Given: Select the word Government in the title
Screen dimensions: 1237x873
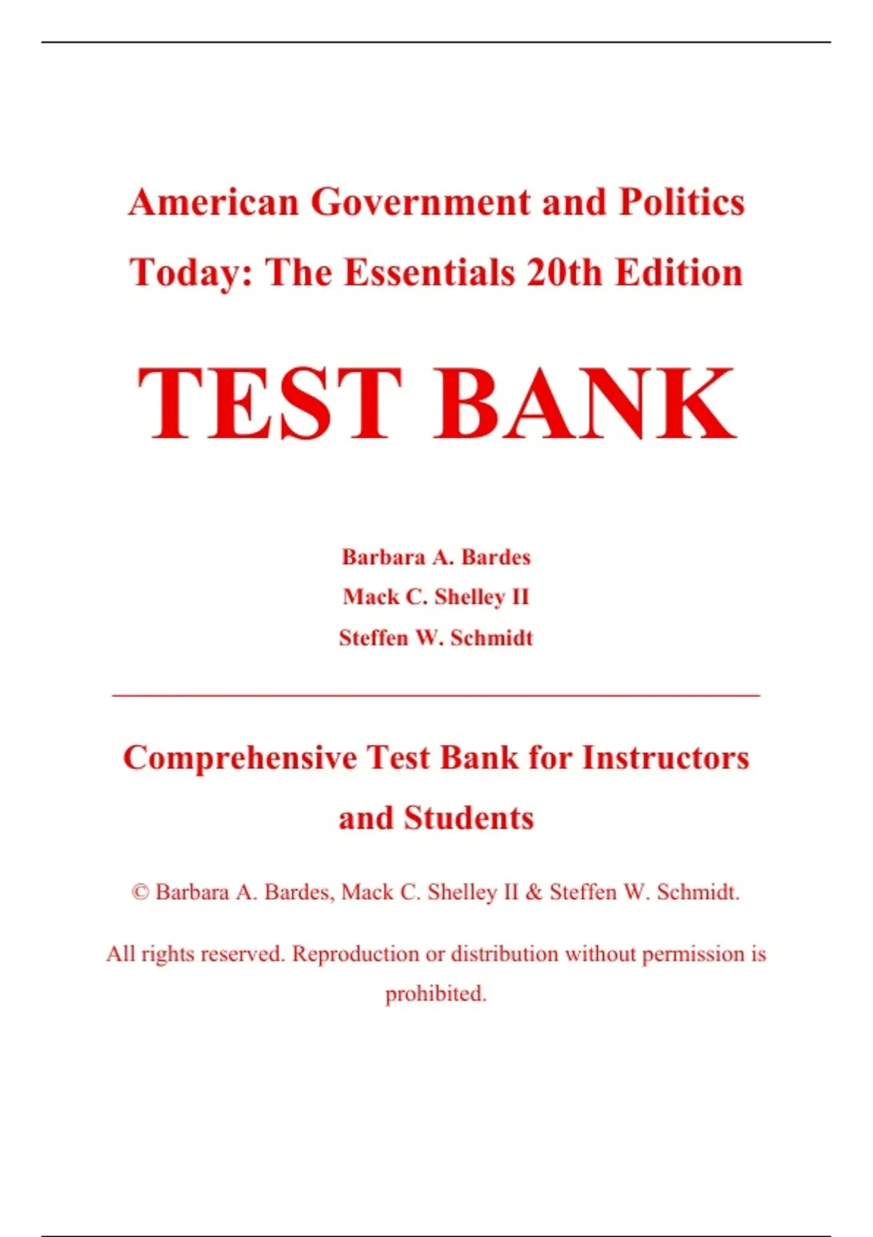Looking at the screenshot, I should pyautogui.click(x=421, y=202).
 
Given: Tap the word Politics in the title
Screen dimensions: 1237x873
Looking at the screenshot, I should pyautogui.click(x=682, y=202).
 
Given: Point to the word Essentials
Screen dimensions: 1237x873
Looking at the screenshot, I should pyautogui.click(x=429, y=273).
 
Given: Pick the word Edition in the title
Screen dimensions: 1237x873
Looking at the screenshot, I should pyautogui.click(x=679, y=273).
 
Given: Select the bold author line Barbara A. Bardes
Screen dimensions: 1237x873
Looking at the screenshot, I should pyautogui.click(x=436, y=557).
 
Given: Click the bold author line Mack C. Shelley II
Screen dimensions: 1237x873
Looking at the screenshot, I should pyautogui.click(x=436, y=597).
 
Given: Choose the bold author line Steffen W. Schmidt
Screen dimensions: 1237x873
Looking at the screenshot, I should pyautogui.click(x=436, y=638).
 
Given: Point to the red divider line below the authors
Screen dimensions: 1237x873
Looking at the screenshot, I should pyautogui.click(x=436, y=696).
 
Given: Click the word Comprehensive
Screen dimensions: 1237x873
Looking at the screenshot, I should pyautogui.click(x=240, y=758).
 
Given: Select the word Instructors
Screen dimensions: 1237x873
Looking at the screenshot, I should pyautogui.click(x=666, y=758).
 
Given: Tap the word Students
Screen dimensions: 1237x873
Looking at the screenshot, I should pyautogui.click(x=469, y=819).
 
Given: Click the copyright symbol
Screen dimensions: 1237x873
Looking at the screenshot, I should pyautogui.click(x=140, y=893).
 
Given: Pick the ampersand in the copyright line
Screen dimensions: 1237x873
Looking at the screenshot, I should pyautogui.click(x=534, y=893).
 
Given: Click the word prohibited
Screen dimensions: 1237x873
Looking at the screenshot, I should pyautogui.click(x=436, y=994).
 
